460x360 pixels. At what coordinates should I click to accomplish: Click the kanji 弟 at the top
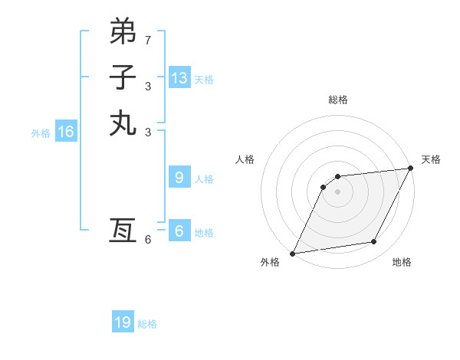click(123, 31)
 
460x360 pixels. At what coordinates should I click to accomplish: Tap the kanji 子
click(123, 77)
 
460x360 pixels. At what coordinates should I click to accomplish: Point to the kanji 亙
click(123, 231)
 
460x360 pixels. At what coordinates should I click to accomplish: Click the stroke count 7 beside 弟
click(148, 39)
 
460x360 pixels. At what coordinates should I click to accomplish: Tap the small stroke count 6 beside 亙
click(148, 240)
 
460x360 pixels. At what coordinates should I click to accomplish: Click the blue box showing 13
click(179, 77)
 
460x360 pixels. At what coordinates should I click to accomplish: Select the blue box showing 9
click(179, 178)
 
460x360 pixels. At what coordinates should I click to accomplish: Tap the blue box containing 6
click(179, 231)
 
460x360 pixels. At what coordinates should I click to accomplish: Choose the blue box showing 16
click(66, 132)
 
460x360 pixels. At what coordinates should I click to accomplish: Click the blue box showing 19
click(123, 322)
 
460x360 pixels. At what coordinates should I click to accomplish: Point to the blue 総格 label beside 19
click(147, 324)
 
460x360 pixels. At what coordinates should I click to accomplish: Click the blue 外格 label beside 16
click(41, 133)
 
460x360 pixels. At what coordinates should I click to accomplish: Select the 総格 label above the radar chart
click(338, 100)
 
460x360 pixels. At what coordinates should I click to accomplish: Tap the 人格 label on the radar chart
click(245, 159)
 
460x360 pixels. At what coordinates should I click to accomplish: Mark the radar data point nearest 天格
click(411, 169)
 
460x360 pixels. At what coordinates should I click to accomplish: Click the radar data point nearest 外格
click(292, 254)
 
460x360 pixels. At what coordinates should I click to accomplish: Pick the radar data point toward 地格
click(374, 242)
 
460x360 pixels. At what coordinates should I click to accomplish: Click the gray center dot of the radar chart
click(337, 191)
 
